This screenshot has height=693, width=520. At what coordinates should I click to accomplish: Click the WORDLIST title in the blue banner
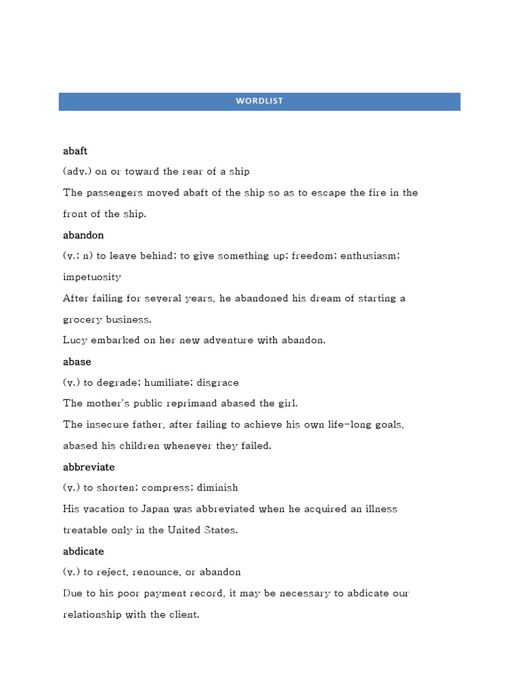(259, 101)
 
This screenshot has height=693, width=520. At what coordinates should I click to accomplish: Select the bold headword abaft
(75, 151)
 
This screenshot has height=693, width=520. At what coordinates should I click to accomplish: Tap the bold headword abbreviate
(89, 467)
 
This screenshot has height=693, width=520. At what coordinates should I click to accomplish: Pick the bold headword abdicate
(83, 552)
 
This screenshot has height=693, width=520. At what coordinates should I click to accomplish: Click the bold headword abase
(77, 361)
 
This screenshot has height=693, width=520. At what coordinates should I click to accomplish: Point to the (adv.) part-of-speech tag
(77, 171)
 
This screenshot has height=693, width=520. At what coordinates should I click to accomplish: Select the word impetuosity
(92, 277)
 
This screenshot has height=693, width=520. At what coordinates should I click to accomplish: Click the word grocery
(82, 319)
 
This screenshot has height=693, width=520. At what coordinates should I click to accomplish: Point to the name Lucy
(74, 340)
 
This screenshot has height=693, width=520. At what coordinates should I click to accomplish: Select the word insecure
(110, 425)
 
